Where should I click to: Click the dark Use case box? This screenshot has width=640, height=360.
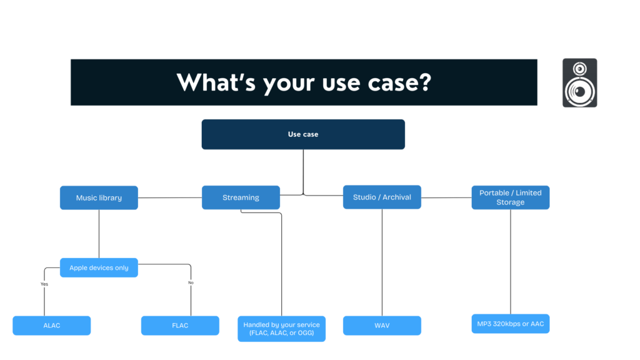pos(303,134)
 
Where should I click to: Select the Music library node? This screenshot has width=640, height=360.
pos(99,197)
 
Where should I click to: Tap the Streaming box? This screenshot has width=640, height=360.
pos(241,197)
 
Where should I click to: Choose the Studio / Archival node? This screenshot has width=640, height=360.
pos(382,197)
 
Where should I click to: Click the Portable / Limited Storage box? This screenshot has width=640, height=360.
pos(510,197)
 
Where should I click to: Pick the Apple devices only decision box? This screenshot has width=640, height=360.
pos(99,267)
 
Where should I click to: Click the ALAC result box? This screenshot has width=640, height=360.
pos(52,326)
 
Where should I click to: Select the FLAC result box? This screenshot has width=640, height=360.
pos(180,326)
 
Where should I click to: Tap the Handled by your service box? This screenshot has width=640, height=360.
pos(281,329)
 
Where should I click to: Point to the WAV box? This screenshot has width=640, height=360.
pos(382,326)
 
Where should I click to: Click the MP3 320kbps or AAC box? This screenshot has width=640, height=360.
pos(510,324)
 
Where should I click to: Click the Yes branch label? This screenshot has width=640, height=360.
pos(44,284)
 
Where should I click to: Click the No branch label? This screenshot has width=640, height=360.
pos(191,282)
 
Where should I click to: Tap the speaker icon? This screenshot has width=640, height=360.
pos(579,82)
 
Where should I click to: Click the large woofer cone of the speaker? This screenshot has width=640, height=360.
pos(579,92)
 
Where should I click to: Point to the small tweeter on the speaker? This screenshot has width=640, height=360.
pos(580,68)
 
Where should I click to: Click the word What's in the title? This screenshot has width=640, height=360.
pos(216,82)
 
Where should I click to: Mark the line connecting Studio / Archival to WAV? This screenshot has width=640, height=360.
pos(382,262)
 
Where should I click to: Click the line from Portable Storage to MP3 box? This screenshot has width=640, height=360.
pos(511,262)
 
